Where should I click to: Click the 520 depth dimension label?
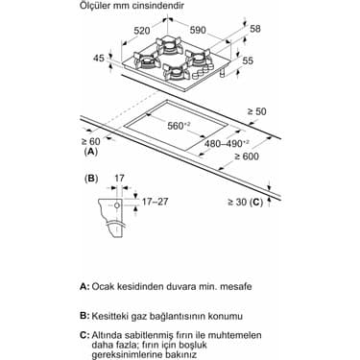tap(142, 31)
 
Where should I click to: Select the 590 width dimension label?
tap(198, 30)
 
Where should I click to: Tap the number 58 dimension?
tap(255, 29)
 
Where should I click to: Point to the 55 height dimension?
tap(248, 60)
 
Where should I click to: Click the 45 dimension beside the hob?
tap(99, 59)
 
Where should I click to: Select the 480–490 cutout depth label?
tap(228, 144)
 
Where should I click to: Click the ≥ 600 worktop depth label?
tap(247, 156)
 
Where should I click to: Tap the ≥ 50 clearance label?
tap(256, 111)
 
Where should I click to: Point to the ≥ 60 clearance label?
tap(90, 141)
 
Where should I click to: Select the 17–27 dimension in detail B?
tap(155, 202)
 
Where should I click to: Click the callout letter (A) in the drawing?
tap(91, 152)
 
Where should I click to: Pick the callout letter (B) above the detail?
tap(91, 179)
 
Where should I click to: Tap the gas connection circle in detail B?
tap(117, 205)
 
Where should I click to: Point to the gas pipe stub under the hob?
tap(223, 73)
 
